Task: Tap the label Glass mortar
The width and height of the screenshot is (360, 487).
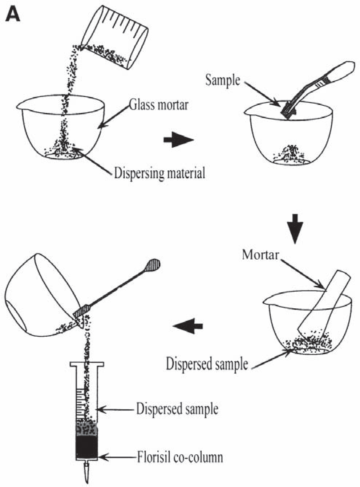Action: pos(159,105)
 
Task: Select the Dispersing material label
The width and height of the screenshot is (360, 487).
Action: pos(159,173)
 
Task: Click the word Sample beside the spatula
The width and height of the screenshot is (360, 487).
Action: pos(222,80)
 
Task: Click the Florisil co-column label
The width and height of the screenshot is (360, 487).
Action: pos(179,456)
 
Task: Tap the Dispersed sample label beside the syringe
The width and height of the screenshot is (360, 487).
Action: pos(177,409)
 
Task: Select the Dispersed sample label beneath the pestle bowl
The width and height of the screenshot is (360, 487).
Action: pos(207,364)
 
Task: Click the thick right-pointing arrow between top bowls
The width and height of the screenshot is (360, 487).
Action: pos(178,140)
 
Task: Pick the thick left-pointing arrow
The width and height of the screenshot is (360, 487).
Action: pos(188,325)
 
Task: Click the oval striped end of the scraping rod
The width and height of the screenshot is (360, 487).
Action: pos(152,265)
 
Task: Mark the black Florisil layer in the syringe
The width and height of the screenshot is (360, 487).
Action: pos(86,447)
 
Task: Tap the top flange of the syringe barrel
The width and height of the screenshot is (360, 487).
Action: pos(87,364)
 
